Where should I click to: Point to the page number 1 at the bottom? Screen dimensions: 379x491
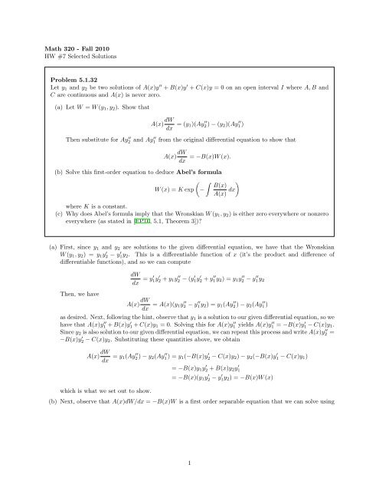coord(189,460)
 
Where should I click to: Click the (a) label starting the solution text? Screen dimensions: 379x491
coord(51,245)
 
